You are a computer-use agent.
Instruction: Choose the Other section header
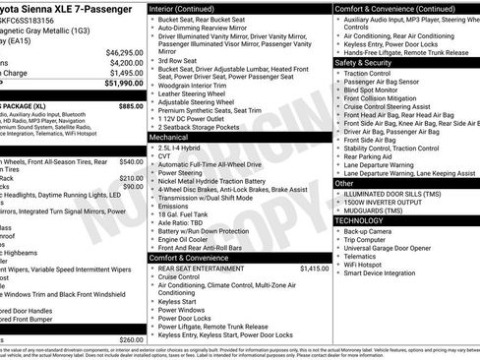(x=344, y=183)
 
